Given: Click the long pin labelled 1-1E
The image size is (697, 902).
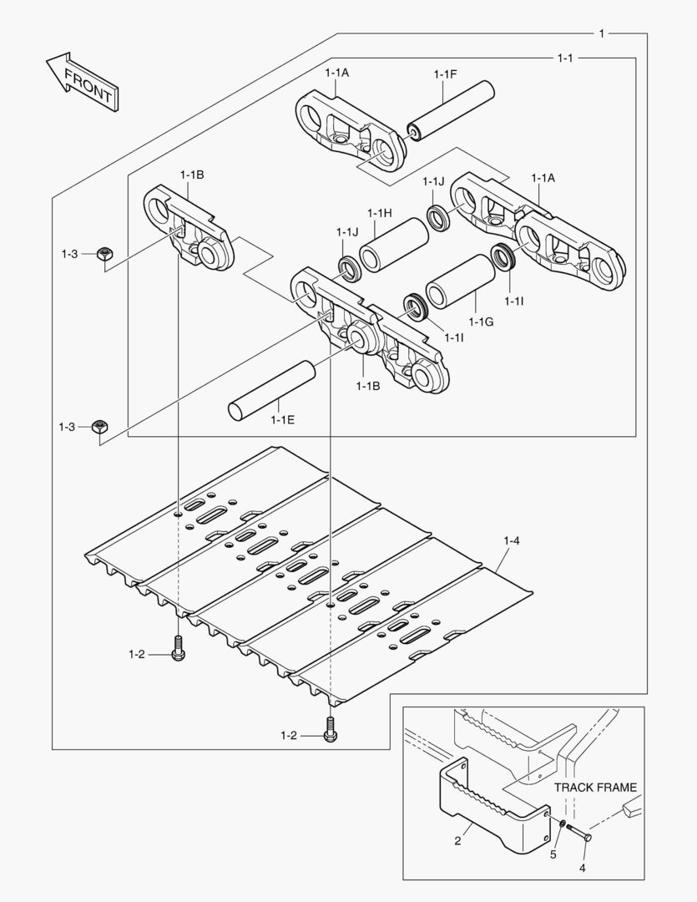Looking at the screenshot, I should [271, 389].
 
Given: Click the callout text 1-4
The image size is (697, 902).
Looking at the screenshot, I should [511, 541].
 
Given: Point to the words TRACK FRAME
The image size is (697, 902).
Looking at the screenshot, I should [596, 787].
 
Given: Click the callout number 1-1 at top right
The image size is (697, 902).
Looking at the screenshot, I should [564, 58].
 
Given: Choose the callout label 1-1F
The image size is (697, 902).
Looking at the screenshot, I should [445, 74].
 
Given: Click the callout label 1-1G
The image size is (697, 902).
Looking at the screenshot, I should [481, 322].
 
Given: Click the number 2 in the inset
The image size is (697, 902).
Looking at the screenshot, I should [457, 841].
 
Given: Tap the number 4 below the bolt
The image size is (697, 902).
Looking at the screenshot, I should [582, 868].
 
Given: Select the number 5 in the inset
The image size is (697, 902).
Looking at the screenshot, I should [552, 854].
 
